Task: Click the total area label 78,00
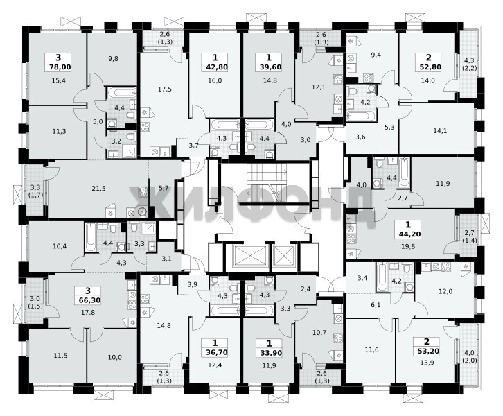[58, 67]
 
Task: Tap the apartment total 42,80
[215, 67]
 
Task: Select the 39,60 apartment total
[269, 67]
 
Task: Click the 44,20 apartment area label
[408, 234]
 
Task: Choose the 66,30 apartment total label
[88, 300]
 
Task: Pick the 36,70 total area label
[215, 352]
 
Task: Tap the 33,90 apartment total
[269, 353]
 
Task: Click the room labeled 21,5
[98, 189]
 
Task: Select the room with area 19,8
[407, 246]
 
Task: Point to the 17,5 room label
[165, 89]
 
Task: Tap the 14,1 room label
[440, 130]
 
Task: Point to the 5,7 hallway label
[164, 189]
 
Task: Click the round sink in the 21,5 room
[141, 211]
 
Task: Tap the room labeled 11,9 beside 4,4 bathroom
[443, 184]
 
